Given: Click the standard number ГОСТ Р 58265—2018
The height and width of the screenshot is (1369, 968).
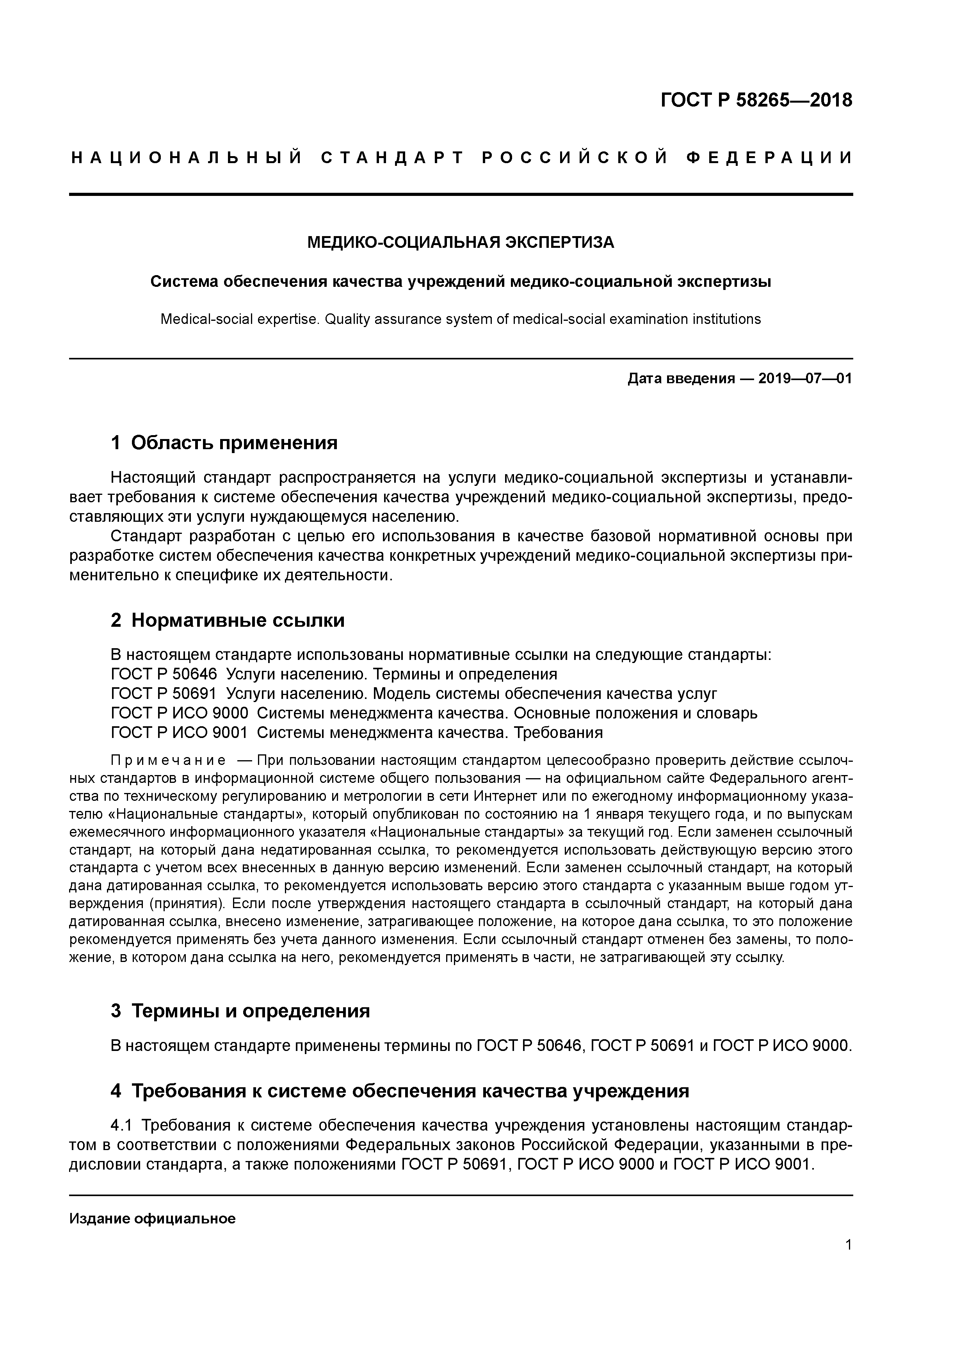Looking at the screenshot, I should click(756, 100).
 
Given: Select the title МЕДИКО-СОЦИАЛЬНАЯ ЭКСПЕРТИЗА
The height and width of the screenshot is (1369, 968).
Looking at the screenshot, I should click(460, 243).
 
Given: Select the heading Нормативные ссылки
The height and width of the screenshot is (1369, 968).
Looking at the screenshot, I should click(237, 620).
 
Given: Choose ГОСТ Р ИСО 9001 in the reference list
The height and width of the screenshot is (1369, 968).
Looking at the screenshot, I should click(179, 732).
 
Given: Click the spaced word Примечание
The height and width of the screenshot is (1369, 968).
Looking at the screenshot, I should click(168, 761).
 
